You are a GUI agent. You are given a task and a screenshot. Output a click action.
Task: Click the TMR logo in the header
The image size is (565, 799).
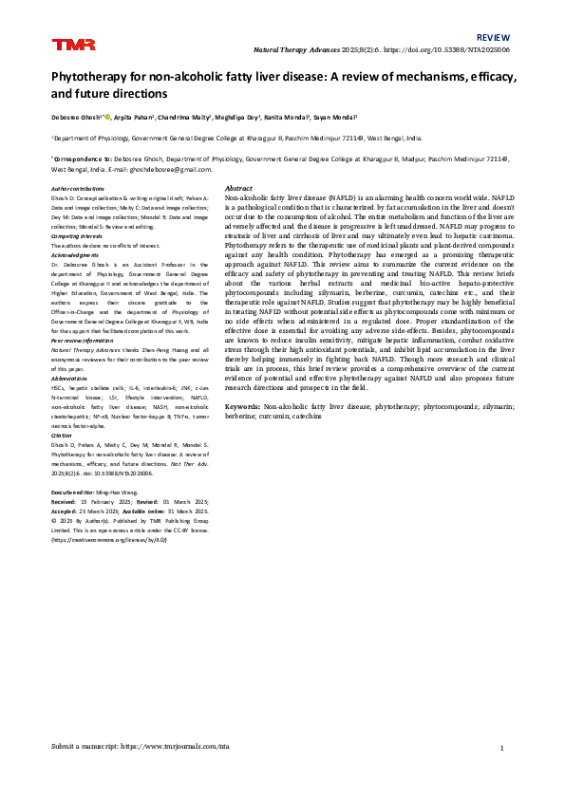coord(67,44)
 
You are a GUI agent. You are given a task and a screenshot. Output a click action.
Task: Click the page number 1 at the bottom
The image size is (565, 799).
coord(500,748)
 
